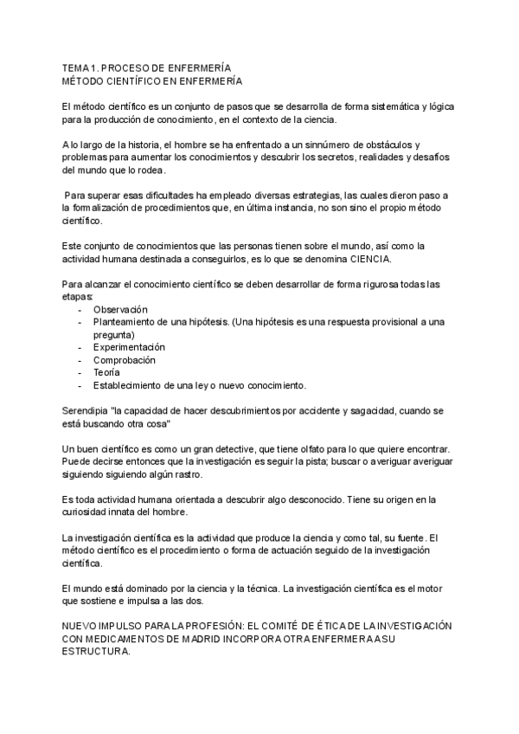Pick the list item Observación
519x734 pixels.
pos(120,309)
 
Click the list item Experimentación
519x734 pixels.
pos(129,347)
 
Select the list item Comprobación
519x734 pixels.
pos(125,360)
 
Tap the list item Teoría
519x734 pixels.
pos(107,373)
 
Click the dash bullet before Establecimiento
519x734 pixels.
pos(80,385)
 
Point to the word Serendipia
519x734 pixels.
pos(86,411)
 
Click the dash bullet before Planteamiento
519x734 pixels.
pos(80,322)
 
